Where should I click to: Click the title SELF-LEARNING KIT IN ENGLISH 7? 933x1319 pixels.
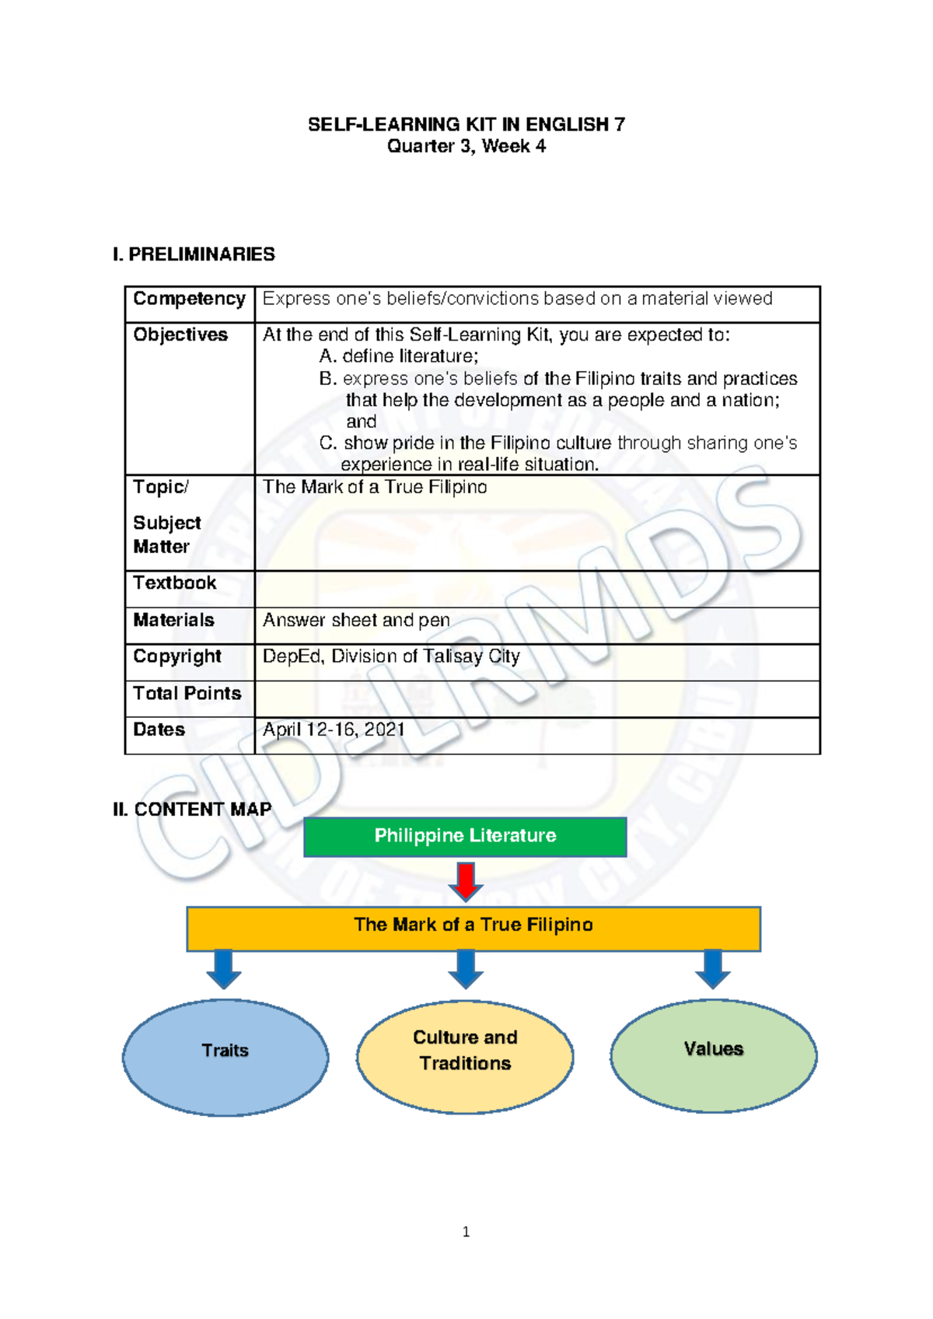pyautogui.click(x=466, y=124)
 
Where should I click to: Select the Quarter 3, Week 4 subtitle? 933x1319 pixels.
pyautogui.click(x=466, y=146)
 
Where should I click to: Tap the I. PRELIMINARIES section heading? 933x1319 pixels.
pyautogui.click(x=194, y=254)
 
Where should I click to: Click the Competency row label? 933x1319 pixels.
pyautogui.click(x=189, y=299)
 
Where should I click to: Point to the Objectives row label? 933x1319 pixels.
pyautogui.click(x=180, y=335)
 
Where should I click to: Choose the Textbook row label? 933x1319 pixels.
pyautogui.click(x=174, y=583)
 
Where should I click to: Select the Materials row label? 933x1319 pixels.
pyautogui.click(x=173, y=620)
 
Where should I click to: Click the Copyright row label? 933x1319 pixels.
pyautogui.click(x=177, y=656)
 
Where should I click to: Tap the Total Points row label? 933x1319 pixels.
pyautogui.click(x=187, y=693)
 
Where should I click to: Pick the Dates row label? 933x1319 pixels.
pyautogui.click(x=159, y=729)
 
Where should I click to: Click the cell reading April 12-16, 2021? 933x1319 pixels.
pyautogui.click(x=334, y=729)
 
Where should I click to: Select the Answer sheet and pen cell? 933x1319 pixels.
pyautogui.click(x=356, y=620)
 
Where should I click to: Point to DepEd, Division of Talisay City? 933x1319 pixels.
pyautogui.click(x=391, y=656)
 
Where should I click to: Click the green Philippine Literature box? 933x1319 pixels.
pyautogui.click(x=465, y=836)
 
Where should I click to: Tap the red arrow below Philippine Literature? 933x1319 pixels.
pyautogui.click(x=466, y=880)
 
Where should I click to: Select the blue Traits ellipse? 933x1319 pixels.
pyautogui.click(x=225, y=1056)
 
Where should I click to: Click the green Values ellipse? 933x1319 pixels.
pyautogui.click(x=713, y=1055)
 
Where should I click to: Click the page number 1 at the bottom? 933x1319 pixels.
pyautogui.click(x=466, y=1231)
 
